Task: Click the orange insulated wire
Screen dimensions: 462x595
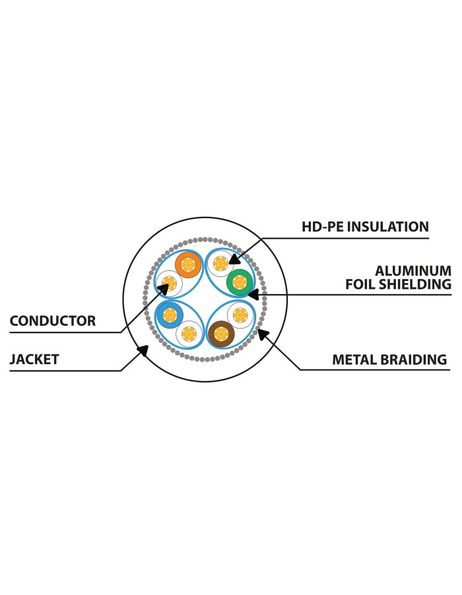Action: (x=188, y=264)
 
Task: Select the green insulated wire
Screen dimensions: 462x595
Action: (x=240, y=282)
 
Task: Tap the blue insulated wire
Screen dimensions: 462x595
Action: (x=170, y=315)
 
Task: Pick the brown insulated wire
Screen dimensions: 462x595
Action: (x=221, y=334)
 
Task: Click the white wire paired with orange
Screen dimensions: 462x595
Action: (x=169, y=284)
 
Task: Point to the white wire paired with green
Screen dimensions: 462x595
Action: (x=220, y=263)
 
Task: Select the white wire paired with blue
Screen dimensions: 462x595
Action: (x=189, y=334)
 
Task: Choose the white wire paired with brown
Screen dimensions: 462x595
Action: (x=240, y=315)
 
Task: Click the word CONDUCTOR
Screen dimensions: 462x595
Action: (x=53, y=321)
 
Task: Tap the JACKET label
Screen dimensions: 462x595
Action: (x=34, y=360)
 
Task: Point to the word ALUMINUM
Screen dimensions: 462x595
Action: (x=413, y=271)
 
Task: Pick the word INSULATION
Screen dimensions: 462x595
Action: (x=388, y=227)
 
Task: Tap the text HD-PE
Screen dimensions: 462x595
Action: (x=323, y=227)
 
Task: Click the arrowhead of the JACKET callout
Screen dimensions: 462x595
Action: (x=143, y=350)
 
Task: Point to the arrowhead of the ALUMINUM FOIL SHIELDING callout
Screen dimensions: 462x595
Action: (x=253, y=294)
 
